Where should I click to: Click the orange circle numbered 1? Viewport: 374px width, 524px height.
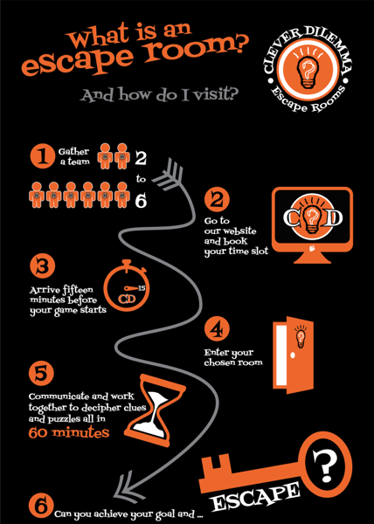tap(42, 155)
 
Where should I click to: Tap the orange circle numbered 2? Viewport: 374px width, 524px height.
tap(217, 201)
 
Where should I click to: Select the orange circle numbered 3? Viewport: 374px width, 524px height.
tap(42, 266)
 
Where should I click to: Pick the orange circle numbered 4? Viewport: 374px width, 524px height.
tap(217, 329)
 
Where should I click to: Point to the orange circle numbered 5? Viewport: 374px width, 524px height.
tap(41, 374)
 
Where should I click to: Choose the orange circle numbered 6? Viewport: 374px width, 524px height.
tap(41, 506)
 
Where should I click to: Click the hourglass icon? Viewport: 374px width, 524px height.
tap(155, 410)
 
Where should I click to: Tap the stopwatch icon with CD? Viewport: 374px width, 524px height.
tap(127, 286)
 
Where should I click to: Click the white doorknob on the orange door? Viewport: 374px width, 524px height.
tap(293, 355)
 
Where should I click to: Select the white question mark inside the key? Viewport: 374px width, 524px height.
tap(326, 461)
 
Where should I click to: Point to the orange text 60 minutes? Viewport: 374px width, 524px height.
tap(69, 432)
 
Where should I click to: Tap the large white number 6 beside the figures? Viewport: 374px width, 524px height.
tap(141, 201)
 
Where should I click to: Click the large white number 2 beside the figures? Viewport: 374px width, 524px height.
tap(141, 158)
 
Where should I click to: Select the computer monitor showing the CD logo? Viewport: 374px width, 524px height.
tap(312, 225)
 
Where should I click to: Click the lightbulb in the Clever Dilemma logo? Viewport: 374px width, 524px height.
tap(308, 71)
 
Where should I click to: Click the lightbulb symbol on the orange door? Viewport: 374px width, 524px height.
tap(301, 337)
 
